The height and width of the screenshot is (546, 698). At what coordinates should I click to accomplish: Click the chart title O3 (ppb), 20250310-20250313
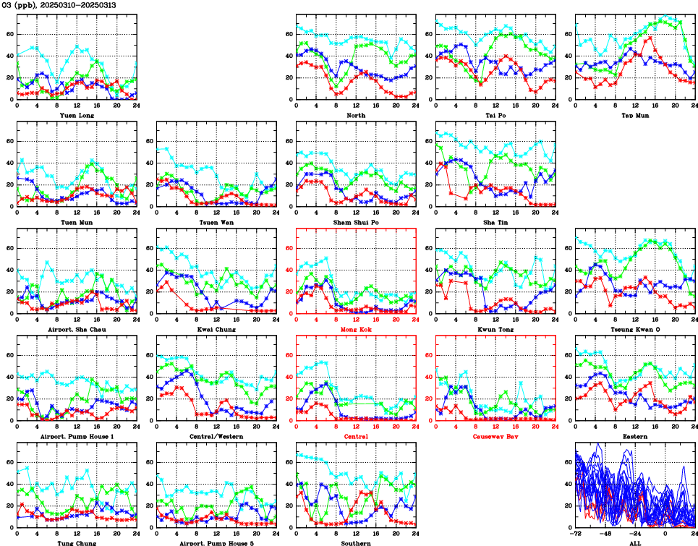point(59,5)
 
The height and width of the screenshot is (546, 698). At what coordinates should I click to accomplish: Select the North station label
point(356,115)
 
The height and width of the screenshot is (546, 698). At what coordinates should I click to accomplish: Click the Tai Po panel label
point(495,115)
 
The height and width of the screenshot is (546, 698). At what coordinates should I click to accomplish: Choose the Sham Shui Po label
point(356,222)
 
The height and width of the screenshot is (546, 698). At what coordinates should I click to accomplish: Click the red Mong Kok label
point(356,329)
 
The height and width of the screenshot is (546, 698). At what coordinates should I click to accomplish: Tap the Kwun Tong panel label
point(495,329)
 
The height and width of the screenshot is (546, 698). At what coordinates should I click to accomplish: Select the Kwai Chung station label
point(216,329)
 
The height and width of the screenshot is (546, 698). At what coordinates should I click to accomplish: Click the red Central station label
point(356,436)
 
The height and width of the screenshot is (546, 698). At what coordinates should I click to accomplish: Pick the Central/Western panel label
point(216,436)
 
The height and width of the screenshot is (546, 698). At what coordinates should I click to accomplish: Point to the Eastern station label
point(635,436)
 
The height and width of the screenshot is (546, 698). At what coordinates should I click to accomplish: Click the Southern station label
point(356,542)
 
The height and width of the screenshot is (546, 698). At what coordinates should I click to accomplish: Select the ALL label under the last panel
point(635,542)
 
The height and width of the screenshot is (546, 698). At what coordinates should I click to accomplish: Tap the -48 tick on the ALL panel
point(606,534)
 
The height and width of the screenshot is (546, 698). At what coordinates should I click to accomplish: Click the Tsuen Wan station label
point(216,222)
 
